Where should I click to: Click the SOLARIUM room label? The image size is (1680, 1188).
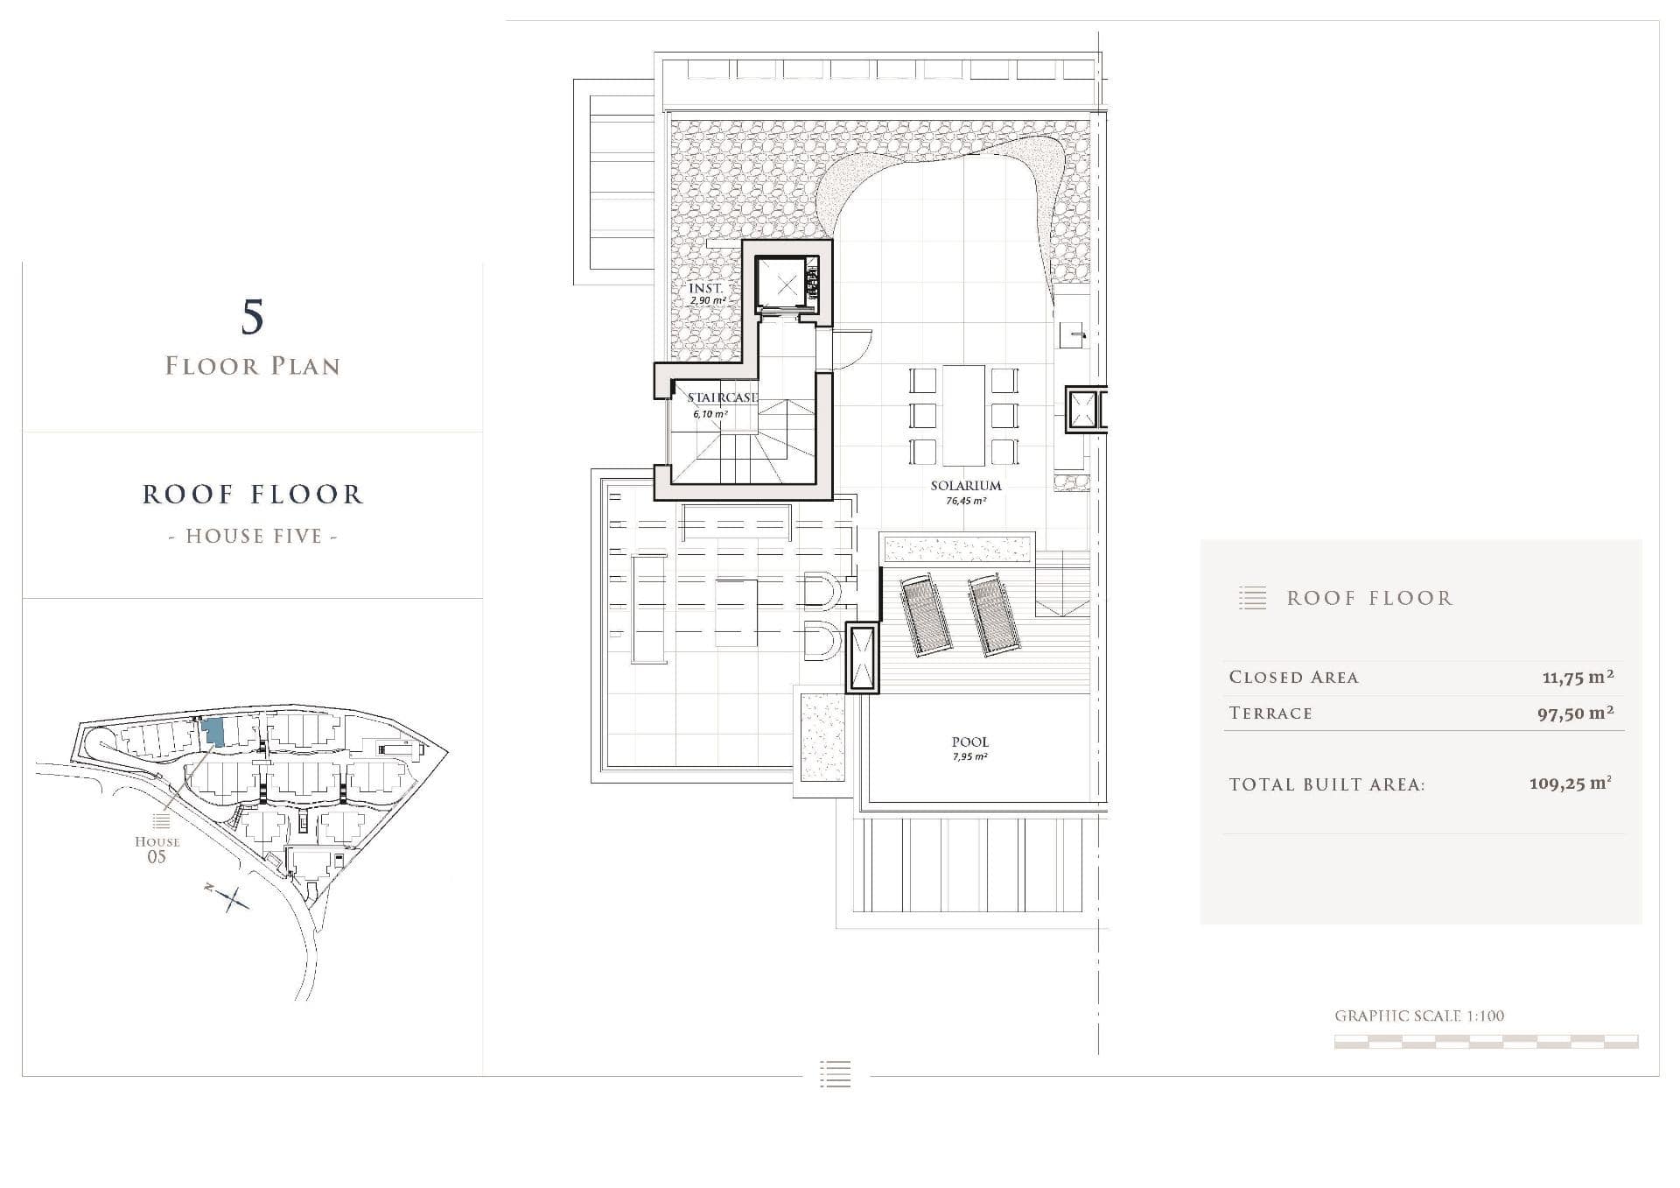click(966, 486)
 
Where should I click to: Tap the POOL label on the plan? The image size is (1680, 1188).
click(969, 742)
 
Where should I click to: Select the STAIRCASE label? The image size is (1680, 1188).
click(723, 397)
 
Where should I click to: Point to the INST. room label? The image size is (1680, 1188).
click(705, 288)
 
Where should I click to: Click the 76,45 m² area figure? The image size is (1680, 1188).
click(966, 502)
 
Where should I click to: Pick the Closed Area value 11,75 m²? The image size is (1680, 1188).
click(1578, 677)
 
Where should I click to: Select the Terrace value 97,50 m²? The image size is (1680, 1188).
click(1575, 713)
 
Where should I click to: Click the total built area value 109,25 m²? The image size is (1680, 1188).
click(1570, 784)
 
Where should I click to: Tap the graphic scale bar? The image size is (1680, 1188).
click(1486, 1042)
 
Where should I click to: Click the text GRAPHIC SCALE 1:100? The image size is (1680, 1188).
click(1419, 1016)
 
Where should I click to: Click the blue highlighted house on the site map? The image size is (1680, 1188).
click(213, 732)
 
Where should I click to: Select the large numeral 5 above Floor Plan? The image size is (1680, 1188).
click(252, 317)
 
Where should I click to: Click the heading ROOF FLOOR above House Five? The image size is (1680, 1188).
click(253, 495)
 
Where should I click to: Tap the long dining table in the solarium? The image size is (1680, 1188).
click(963, 416)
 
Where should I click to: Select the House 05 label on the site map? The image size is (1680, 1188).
click(157, 848)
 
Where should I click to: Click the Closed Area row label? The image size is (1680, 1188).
click(1293, 677)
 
